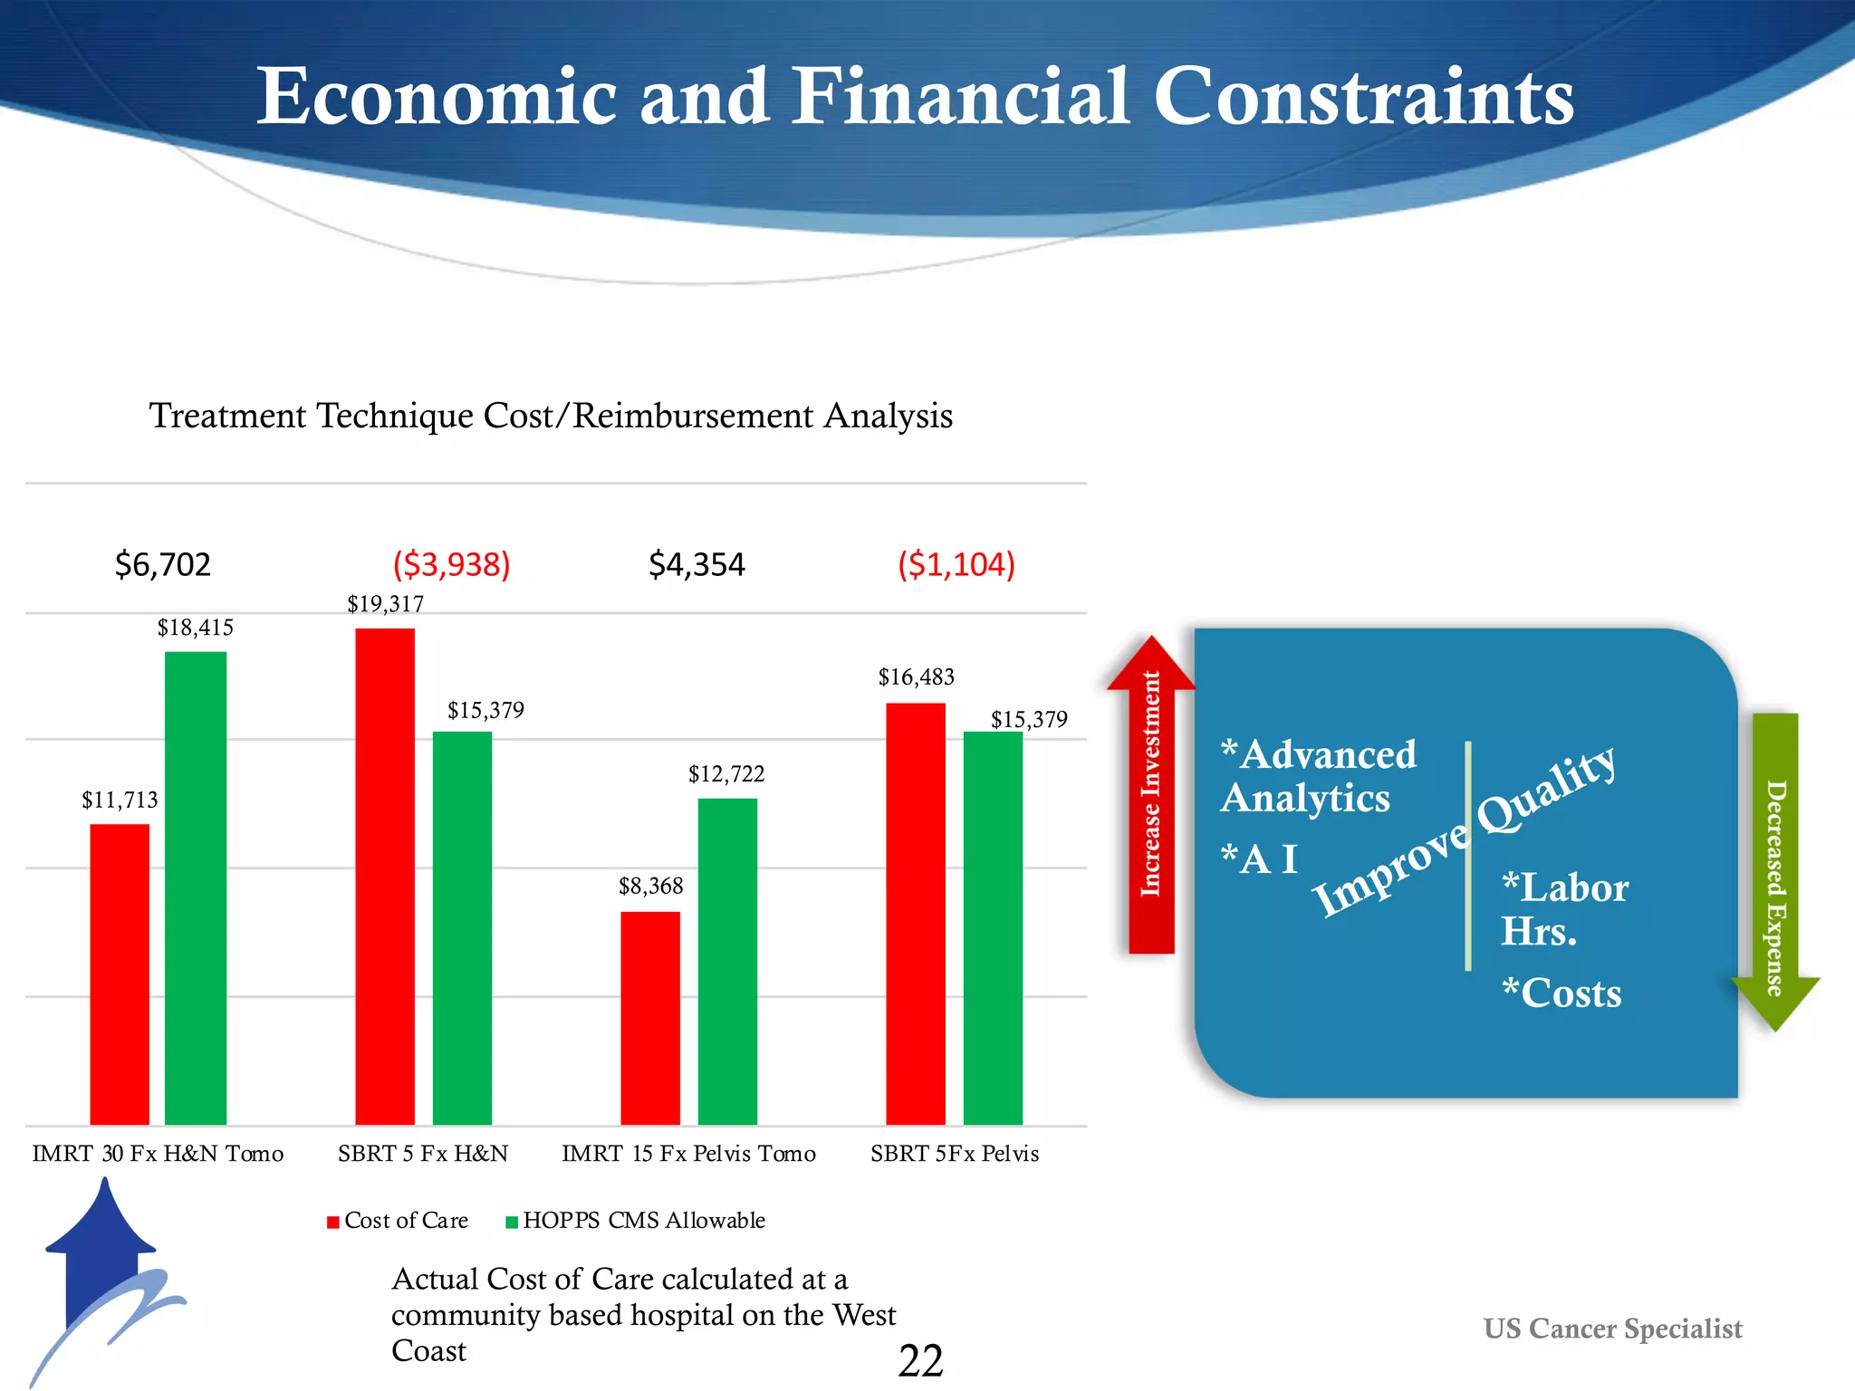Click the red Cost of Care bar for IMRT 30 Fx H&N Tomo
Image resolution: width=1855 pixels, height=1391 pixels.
point(120,974)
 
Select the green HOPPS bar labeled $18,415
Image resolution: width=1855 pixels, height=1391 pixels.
point(196,887)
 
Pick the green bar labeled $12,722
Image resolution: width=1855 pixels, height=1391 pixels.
point(727,961)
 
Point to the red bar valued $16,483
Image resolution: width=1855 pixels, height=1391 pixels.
point(916,913)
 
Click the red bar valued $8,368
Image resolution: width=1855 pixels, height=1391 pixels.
point(650,1017)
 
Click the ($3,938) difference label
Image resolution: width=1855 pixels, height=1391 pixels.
point(451,565)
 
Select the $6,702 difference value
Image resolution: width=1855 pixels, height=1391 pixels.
point(163,565)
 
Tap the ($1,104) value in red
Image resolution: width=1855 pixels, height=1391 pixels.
point(956,565)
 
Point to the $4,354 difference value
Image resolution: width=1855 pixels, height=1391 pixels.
point(697,565)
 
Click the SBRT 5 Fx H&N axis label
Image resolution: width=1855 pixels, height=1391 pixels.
point(423,1154)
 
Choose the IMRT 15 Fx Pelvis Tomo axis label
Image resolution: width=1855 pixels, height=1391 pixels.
point(688,1154)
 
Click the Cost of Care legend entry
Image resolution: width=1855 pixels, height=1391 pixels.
point(399,1221)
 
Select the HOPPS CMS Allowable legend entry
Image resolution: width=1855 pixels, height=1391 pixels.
point(636,1221)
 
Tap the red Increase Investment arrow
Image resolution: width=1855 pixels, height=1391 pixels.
point(1151,797)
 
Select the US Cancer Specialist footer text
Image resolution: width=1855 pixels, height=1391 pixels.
point(1612,1329)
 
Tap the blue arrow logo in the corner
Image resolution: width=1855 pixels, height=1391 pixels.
point(104,1268)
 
